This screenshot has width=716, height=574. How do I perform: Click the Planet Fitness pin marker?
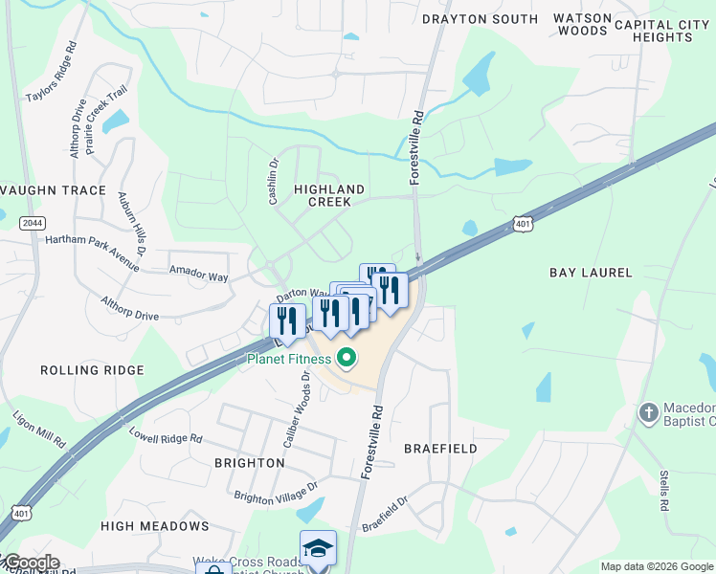pyautogui.click(x=347, y=360)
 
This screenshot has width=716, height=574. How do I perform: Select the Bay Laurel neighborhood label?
pyautogui.click(x=591, y=273)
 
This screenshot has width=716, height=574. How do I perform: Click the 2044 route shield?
pyautogui.click(x=31, y=223)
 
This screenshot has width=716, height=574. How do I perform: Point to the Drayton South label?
pyautogui.click(x=480, y=19)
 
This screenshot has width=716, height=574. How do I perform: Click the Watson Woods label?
pyautogui.click(x=582, y=24)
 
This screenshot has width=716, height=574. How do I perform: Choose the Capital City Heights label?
pyautogui.click(x=667, y=31)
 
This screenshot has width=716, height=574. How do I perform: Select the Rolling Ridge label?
pyautogui.click(x=92, y=369)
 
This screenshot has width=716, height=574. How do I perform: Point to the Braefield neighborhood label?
pyautogui.click(x=440, y=448)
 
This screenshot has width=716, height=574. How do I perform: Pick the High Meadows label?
pyautogui.click(x=154, y=526)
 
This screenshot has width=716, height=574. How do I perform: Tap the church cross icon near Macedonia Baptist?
pyautogui.click(x=649, y=413)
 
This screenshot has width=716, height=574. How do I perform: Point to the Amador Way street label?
pyautogui.click(x=198, y=276)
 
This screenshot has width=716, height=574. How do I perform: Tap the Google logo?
pyautogui.click(x=31, y=563)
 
